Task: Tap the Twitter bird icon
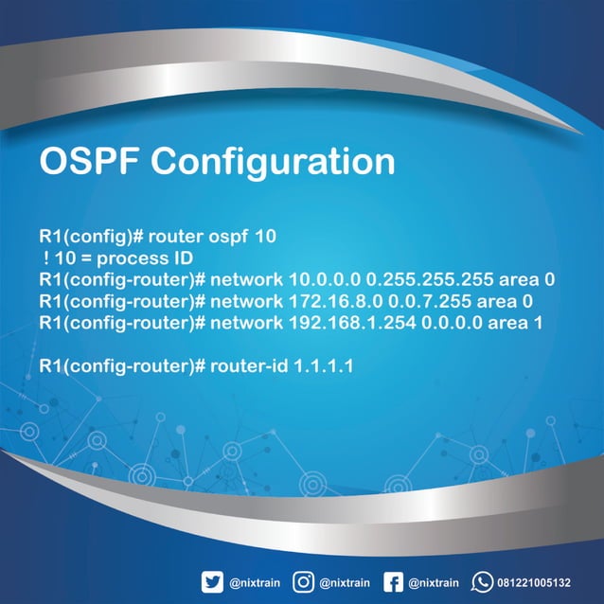pyautogui.click(x=214, y=581)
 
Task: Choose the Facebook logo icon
pyautogui.click(x=394, y=581)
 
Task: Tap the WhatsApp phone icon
pyautogui.click(x=483, y=581)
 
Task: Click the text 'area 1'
pyautogui.click(x=528, y=322)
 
